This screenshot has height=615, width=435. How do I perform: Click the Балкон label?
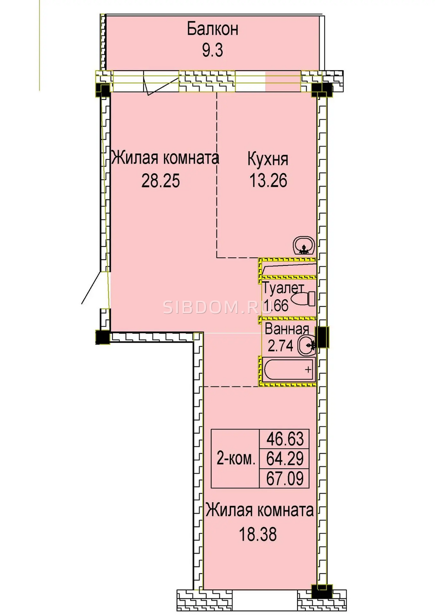[x=212, y=29]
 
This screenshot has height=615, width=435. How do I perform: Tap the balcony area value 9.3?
[x=212, y=51]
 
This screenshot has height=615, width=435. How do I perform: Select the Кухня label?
[x=268, y=159]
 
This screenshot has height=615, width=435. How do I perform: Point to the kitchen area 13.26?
[x=268, y=181]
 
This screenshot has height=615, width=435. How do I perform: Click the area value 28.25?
[x=161, y=181]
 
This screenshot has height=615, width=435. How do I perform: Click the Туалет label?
[x=283, y=288]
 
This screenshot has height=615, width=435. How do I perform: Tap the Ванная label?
[x=287, y=329]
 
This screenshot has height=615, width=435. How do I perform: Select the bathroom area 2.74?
[x=280, y=346]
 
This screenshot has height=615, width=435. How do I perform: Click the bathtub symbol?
[x=289, y=370]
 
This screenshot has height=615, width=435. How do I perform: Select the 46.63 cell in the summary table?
[x=285, y=439]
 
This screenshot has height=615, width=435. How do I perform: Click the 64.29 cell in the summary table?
[x=285, y=459]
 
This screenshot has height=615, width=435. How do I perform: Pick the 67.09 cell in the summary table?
[x=285, y=478]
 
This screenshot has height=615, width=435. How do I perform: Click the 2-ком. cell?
[x=235, y=459]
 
